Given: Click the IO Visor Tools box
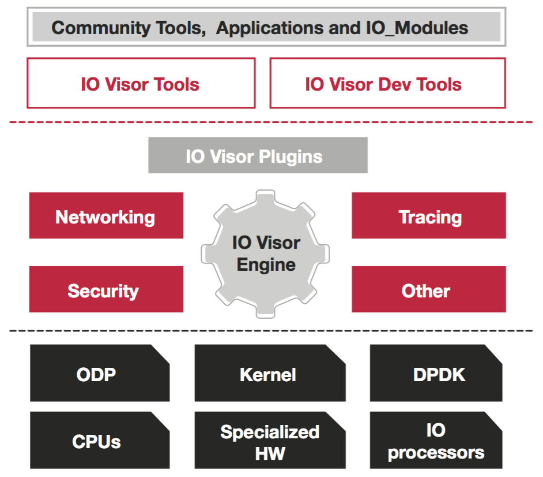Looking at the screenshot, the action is (141, 83).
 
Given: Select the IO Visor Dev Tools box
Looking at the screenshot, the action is (388, 83).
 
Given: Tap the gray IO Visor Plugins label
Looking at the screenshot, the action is (258, 155).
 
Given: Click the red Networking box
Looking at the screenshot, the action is (106, 215).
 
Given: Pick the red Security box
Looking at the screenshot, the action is (106, 289).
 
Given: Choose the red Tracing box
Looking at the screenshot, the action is (429, 215).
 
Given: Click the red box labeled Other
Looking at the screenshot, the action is (429, 289).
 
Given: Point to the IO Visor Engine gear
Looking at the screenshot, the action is (265, 254).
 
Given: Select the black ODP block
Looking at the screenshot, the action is (100, 373).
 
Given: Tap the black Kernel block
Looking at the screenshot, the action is (270, 373).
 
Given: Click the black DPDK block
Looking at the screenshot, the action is (436, 373).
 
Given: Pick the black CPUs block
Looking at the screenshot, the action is (100, 440).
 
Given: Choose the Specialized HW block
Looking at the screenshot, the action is (270, 440).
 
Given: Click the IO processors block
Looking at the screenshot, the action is (436, 440).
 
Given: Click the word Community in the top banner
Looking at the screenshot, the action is (101, 28).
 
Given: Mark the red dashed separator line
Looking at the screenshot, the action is (271, 122).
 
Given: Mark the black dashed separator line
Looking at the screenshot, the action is (271, 330).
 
